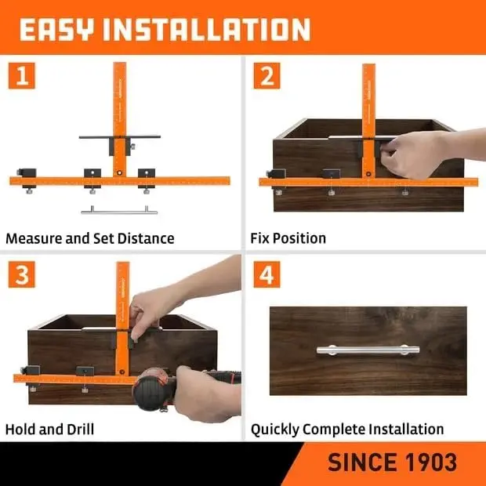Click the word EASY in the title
click(x=56, y=29)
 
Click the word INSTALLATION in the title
click(x=206, y=29)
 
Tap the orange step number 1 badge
click(x=22, y=75)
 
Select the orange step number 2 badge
click(x=267, y=75)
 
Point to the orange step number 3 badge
click(x=22, y=274)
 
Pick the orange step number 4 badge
click(x=267, y=274)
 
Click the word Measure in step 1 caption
click(x=34, y=238)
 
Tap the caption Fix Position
click(x=288, y=238)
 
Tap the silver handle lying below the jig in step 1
click(x=119, y=212)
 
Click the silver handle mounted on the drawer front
click(x=368, y=350)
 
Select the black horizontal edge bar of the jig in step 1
click(x=120, y=136)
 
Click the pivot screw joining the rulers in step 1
click(x=119, y=172)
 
